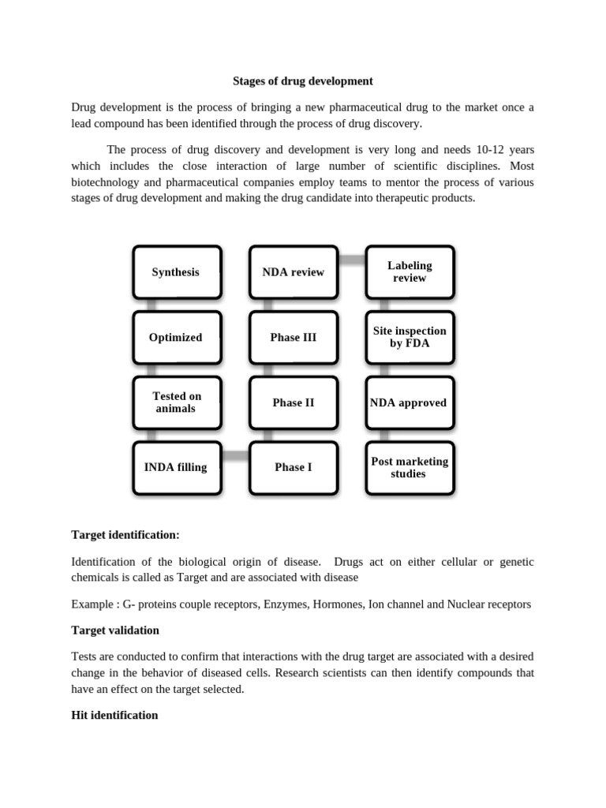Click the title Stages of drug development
point(303,80)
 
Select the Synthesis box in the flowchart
point(176,272)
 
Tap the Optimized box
point(176,338)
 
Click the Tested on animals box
point(176,402)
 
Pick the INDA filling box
point(176,467)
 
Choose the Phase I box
point(293,467)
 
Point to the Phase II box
point(293,402)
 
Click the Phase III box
point(293,338)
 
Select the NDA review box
point(293,272)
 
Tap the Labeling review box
point(409,272)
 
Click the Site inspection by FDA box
point(409,338)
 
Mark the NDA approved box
point(409,402)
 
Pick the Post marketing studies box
point(409,467)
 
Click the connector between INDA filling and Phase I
point(234,455)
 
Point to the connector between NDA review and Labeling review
point(351,259)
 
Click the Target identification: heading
point(125,535)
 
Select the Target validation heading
point(115,630)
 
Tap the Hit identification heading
point(114,716)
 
